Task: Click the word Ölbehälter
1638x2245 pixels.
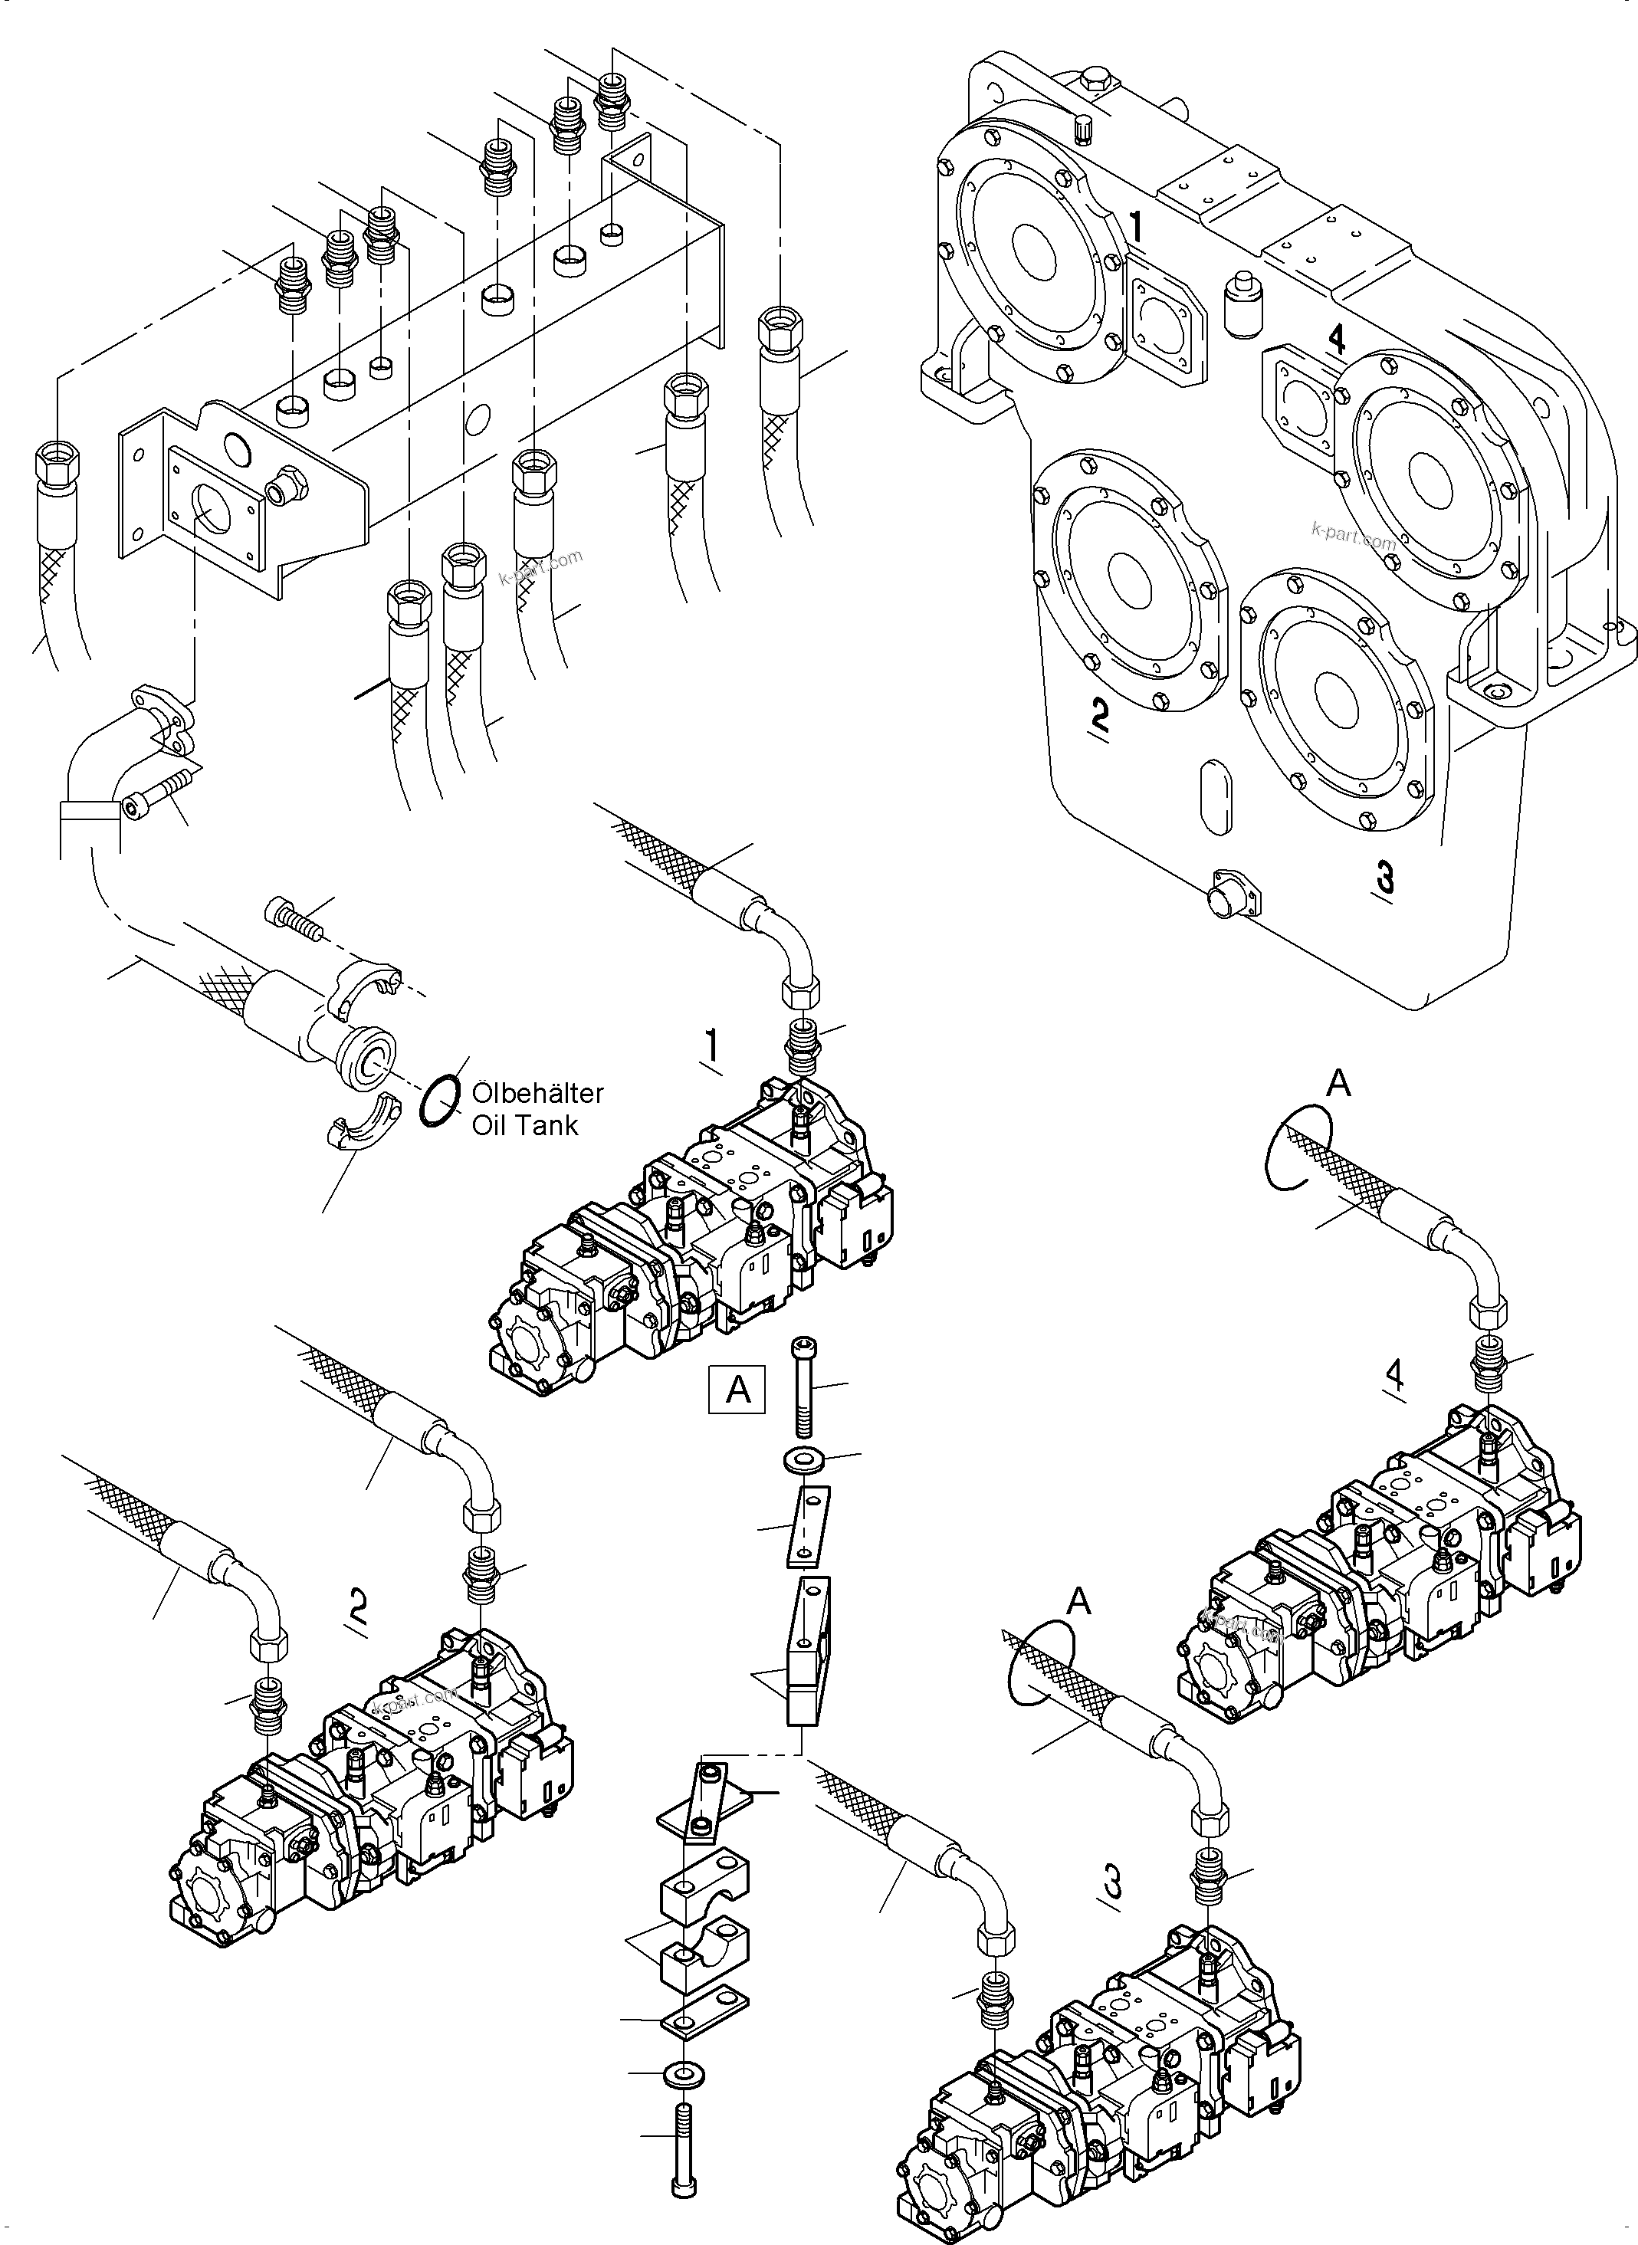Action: (537, 1093)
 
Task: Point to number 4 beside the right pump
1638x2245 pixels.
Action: (1395, 1374)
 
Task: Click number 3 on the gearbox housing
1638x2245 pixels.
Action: (1385, 878)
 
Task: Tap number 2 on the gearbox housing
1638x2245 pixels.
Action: (1098, 713)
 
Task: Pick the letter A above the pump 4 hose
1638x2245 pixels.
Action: (1338, 1084)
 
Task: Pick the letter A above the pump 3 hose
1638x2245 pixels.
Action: (1078, 1600)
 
